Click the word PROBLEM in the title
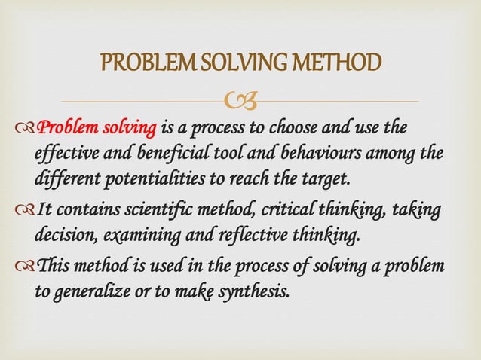click(x=140, y=66)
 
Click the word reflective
click(x=255, y=234)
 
